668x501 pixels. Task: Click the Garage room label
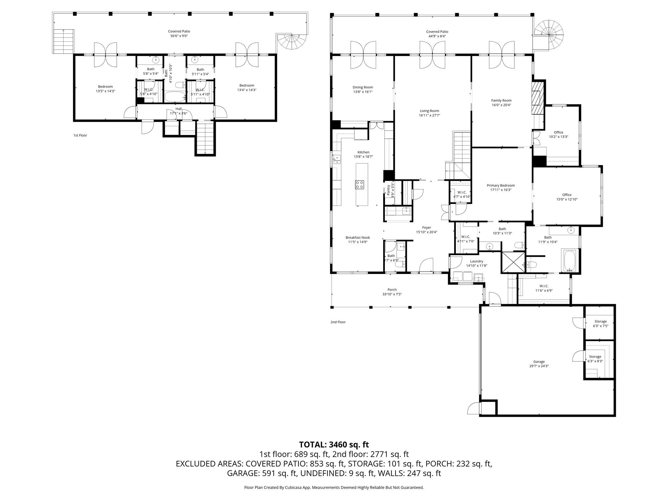(x=539, y=361)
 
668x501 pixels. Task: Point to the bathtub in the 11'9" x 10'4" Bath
(x=570, y=261)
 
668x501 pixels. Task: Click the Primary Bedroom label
(x=501, y=185)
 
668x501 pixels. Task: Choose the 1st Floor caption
(x=80, y=135)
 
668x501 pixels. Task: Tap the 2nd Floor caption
(x=338, y=322)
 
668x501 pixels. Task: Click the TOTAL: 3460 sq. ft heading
(x=334, y=444)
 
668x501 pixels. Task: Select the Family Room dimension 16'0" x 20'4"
(x=501, y=105)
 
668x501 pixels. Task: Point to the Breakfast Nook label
(x=358, y=237)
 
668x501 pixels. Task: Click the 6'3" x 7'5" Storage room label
(x=600, y=321)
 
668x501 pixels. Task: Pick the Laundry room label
(x=477, y=261)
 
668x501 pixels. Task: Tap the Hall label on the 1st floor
(x=178, y=109)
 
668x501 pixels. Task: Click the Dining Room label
(x=363, y=87)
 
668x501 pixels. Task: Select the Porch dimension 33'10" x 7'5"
(x=392, y=294)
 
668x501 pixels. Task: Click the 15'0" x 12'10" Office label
(x=567, y=195)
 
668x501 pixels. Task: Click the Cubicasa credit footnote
(x=334, y=487)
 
